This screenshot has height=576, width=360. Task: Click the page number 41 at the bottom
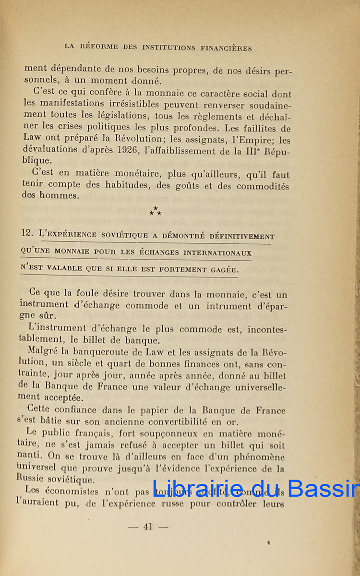[148, 527]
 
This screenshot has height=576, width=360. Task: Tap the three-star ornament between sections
[155, 211]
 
